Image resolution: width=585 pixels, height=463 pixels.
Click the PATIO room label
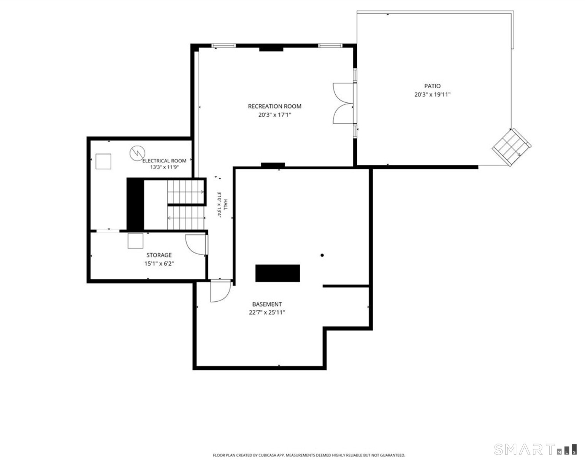[x=432, y=86]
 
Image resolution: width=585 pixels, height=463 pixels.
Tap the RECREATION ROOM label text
[x=274, y=107]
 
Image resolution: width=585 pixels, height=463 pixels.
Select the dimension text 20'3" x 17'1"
[x=274, y=115]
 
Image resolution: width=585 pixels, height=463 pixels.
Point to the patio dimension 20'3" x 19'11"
[x=432, y=95]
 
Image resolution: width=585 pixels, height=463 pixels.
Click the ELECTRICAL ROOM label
[x=165, y=161]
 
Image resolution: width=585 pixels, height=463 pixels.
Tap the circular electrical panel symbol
[x=137, y=153]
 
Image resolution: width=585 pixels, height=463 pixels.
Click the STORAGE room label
[x=159, y=255]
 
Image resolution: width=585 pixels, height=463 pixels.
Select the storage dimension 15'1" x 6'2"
[x=159, y=264]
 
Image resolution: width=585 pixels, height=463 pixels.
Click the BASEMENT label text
[x=267, y=304]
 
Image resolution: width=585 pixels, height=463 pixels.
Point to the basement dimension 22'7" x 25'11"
[x=267, y=313]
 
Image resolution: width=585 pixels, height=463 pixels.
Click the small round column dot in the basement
[x=322, y=255]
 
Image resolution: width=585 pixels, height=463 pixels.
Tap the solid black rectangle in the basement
[x=277, y=273]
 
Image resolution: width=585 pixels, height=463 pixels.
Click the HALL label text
[x=226, y=205]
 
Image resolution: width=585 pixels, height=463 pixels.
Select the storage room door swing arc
[x=189, y=248]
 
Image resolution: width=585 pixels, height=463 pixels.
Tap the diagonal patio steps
[x=512, y=147]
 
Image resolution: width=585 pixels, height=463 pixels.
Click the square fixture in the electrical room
[x=103, y=162]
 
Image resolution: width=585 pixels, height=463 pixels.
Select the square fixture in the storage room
[x=135, y=241]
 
